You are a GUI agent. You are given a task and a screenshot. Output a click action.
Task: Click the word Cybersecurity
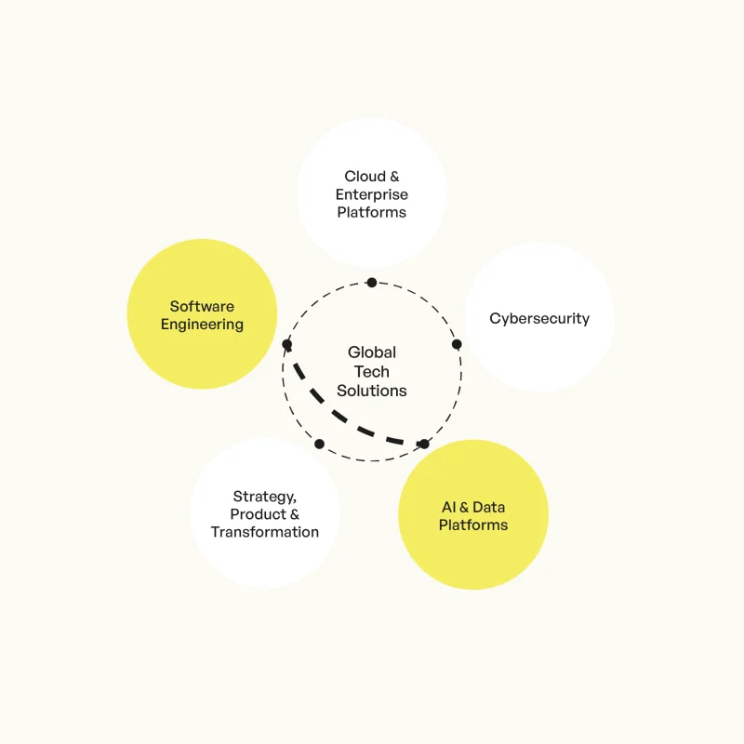[x=539, y=318]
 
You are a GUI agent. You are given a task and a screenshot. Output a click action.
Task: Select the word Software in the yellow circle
[x=202, y=306]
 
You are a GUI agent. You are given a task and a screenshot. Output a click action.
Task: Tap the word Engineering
[x=202, y=325]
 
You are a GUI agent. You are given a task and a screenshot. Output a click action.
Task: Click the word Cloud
[x=365, y=176]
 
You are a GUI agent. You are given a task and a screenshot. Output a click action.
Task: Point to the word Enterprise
[x=371, y=194]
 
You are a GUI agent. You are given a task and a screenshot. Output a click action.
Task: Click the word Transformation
[x=265, y=532]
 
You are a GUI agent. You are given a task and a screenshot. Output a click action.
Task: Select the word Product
[x=259, y=514]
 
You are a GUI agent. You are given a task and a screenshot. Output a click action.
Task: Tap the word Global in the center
[x=372, y=352]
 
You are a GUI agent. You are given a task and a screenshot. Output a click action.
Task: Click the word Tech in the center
[x=371, y=371]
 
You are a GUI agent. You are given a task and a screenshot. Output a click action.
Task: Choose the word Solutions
[x=372, y=391]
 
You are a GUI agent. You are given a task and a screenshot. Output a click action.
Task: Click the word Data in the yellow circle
[x=489, y=507]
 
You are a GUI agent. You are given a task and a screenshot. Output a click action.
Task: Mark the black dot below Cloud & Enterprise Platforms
[x=372, y=283]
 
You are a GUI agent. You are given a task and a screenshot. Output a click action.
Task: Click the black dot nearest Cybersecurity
[x=457, y=344]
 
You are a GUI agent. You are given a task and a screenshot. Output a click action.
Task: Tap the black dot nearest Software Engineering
[x=287, y=344]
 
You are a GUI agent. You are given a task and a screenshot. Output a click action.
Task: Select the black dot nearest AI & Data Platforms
[x=424, y=445]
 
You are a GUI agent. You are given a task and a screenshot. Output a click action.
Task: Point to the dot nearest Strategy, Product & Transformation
[x=320, y=445]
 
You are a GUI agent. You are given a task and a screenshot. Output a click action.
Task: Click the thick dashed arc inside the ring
[x=338, y=414]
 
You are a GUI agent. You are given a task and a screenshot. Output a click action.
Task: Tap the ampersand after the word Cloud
[x=394, y=177]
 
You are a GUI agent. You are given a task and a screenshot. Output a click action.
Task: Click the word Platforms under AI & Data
[x=473, y=525]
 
